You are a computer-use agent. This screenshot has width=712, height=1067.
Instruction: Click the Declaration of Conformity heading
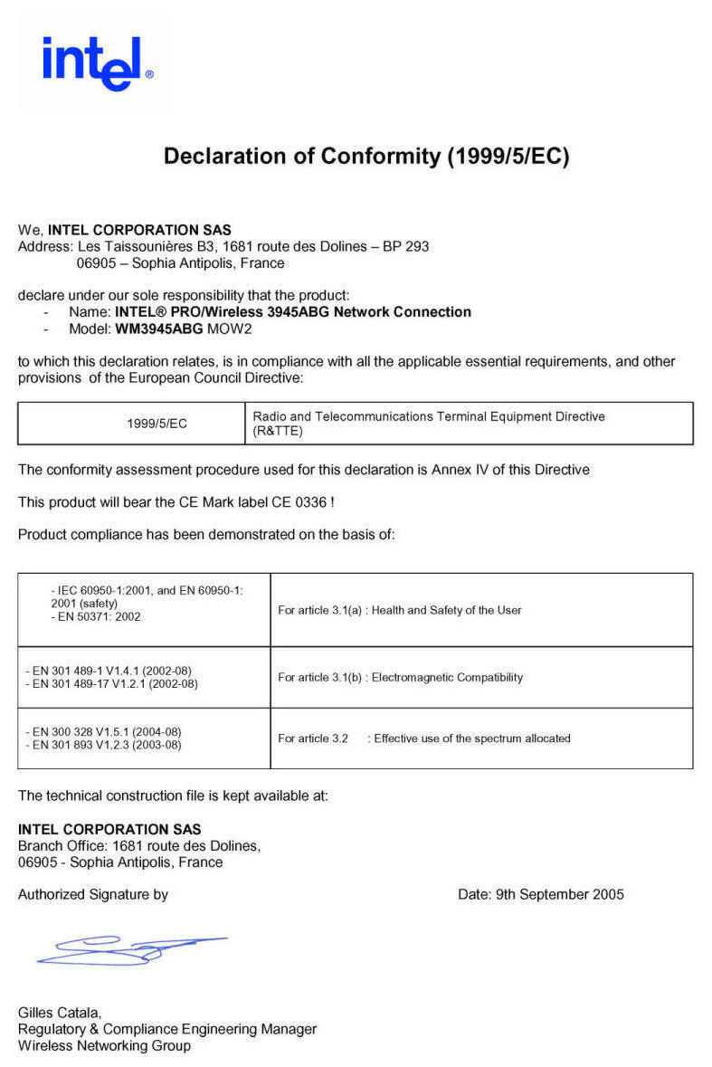[366, 157]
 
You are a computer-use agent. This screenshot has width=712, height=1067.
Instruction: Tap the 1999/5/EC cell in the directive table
[157, 424]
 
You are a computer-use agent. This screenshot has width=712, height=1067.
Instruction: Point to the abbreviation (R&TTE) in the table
[278, 432]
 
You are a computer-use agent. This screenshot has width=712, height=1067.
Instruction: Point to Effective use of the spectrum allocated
[472, 738]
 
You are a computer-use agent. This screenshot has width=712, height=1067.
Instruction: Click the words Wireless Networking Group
[104, 1045]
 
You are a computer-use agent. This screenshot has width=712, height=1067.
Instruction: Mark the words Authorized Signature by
[93, 894]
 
